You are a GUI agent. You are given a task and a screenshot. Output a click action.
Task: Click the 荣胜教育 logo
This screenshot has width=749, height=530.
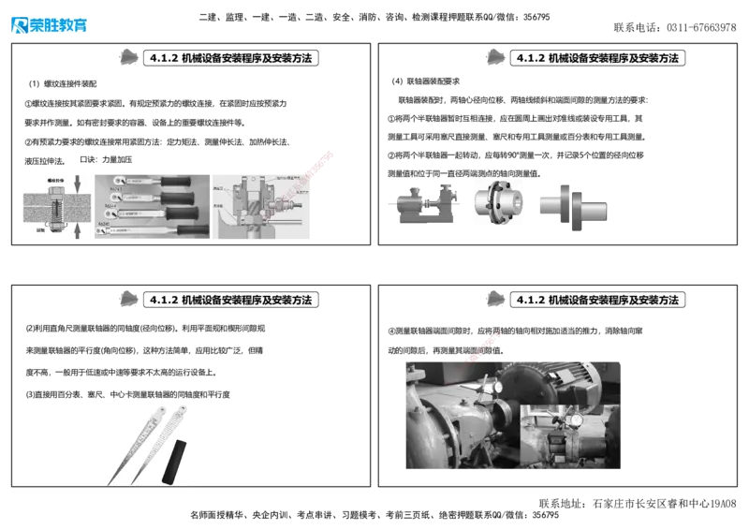tap(49, 25)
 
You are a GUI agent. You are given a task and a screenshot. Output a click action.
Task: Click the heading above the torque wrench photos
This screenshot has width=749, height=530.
tap(230, 58)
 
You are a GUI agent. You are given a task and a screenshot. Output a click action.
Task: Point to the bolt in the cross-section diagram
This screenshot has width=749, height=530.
tap(55, 206)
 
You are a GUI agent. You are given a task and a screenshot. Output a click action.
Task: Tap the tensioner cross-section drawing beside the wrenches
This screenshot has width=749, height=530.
tap(262, 207)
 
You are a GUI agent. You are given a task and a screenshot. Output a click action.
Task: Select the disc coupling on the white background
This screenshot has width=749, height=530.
tap(496, 204)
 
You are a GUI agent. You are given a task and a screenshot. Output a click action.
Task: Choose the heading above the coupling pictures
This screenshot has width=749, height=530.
tap(597, 58)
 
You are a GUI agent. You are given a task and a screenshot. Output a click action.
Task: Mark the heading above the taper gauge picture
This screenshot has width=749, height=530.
tap(230, 300)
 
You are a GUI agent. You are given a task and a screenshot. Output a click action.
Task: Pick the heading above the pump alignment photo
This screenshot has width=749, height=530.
tap(597, 300)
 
